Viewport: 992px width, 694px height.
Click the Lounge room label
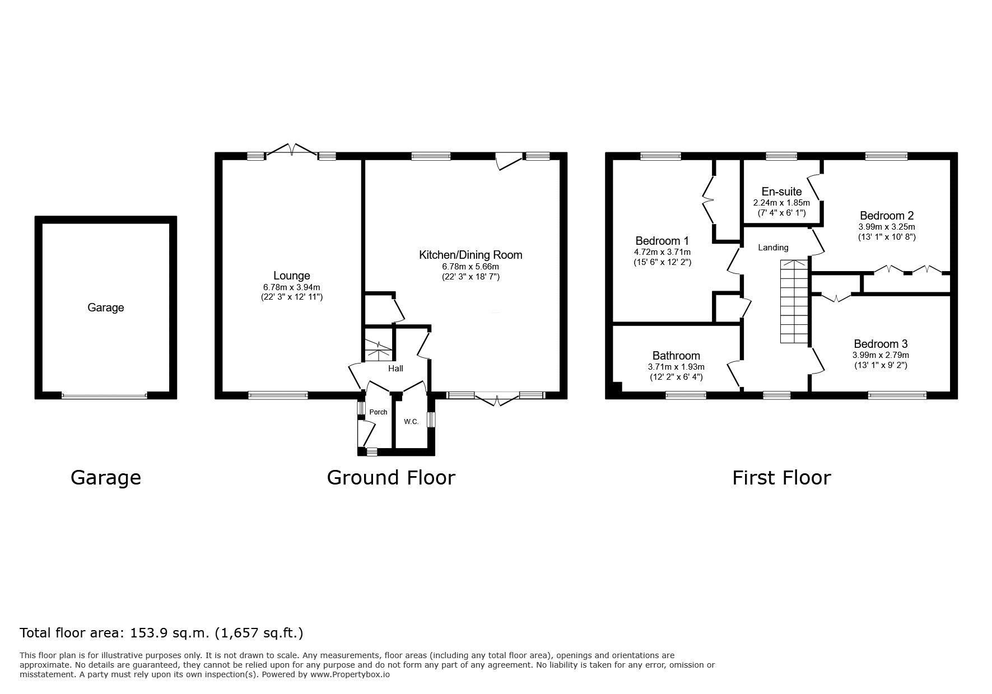tap(292, 276)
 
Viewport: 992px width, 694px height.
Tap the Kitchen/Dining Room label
tap(471, 255)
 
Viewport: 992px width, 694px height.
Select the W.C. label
tap(411, 422)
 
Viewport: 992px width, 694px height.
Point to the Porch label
tap(378, 412)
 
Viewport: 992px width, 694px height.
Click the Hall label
tap(395, 369)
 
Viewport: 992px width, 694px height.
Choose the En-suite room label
tap(781, 192)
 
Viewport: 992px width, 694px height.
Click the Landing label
tap(773, 248)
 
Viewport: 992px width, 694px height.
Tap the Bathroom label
tap(676, 356)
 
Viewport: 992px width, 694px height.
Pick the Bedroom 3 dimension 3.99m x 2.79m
tap(881, 355)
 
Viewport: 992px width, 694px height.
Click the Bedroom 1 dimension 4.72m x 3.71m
tap(662, 252)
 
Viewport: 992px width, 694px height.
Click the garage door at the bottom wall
tap(104, 395)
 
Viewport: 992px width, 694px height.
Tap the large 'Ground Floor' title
tap(391, 477)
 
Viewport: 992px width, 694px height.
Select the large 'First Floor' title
tap(781, 477)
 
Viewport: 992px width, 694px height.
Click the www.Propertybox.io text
tap(350, 674)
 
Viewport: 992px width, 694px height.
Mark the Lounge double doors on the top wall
tap(292, 151)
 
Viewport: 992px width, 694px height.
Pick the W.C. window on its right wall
tap(431, 420)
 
